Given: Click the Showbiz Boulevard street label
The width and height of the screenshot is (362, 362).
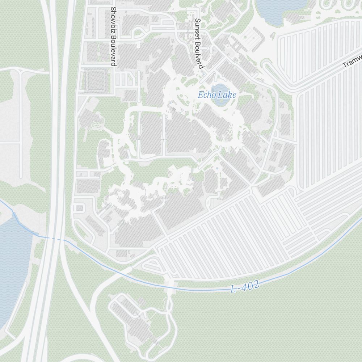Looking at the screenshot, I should click(113, 36).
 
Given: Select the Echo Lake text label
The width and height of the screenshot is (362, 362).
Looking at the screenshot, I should click(217, 95).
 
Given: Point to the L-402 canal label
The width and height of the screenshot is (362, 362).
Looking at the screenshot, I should click(245, 287).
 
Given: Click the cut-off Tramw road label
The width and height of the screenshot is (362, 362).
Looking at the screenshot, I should click(352, 62).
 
